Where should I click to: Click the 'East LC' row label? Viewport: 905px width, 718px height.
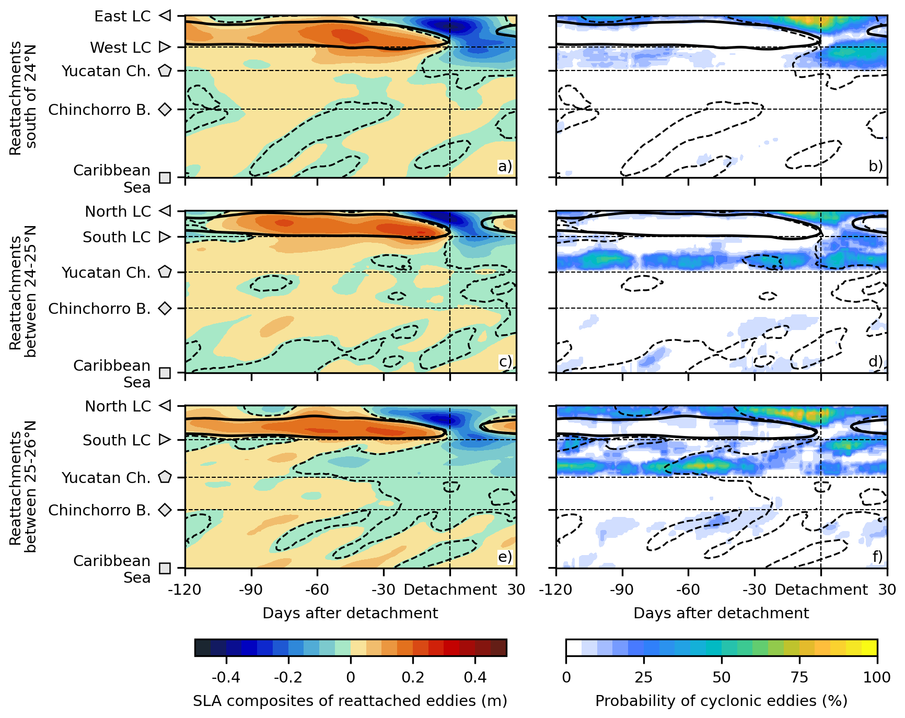click(x=122, y=16)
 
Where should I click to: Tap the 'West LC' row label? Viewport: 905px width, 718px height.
click(x=120, y=48)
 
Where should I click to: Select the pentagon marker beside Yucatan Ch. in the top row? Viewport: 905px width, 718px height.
click(x=165, y=70)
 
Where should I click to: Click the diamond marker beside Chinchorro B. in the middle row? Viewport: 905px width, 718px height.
click(x=165, y=309)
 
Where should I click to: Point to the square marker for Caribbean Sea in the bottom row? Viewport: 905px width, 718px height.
click(x=165, y=568)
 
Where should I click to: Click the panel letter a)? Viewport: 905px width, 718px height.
click(x=505, y=166)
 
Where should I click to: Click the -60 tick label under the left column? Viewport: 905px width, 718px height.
click(x=317, y=590)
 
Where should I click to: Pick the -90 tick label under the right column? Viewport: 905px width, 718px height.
click(x=622, y=590)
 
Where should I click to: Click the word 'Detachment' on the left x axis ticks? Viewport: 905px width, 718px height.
click(x=450, y=590)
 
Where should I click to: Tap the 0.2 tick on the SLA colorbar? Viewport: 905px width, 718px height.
click(x=413, y=678)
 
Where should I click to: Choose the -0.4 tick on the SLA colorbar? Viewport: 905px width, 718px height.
click(x=226, y=678)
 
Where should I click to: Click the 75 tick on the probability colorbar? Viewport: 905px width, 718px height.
click(x=799, y=678)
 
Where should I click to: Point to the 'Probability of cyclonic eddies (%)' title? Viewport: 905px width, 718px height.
click(x=721, y=701)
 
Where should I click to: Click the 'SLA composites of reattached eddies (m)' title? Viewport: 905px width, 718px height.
click(x=350, y=701)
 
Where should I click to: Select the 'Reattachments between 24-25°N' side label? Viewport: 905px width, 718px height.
click(x=23, y=291)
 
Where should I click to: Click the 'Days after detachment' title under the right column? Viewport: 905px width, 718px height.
click(x=721, y=613)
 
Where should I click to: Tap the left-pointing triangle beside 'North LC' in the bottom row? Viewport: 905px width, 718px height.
click(x=165, y=406)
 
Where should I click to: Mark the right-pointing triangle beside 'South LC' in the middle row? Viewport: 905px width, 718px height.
click(x=165, y=237)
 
